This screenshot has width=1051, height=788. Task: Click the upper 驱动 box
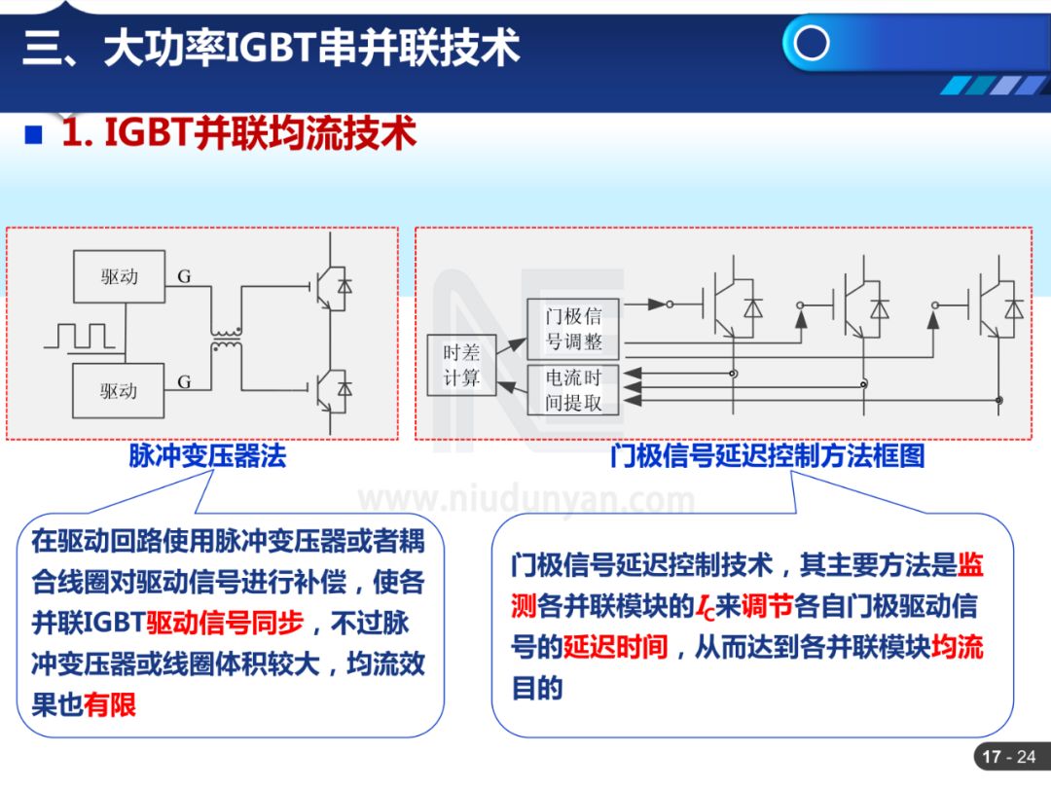click(120, 276)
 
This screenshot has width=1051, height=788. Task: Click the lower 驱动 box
click(120, 391)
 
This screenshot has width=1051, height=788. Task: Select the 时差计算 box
click(461, 365)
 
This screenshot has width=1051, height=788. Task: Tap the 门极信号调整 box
click(573, 329)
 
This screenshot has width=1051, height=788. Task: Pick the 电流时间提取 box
click(573, 389)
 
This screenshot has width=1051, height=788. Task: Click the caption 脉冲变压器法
click(207, 456)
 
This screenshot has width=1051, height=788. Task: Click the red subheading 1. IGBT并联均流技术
click(239, 133)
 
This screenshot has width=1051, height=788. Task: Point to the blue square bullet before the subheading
click(35, 134)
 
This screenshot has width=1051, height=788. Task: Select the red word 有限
click(110, 704)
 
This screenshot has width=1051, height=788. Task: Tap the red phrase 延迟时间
click(615, 647)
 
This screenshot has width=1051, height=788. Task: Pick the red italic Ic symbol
click(706, 608)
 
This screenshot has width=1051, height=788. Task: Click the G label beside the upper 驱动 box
click(184, 277)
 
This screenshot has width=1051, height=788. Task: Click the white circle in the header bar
click(811, 43)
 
